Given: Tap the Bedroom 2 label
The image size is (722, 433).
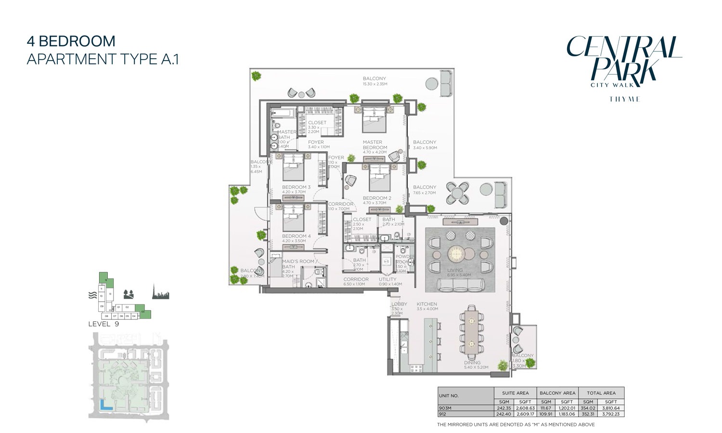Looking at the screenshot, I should point(377,198).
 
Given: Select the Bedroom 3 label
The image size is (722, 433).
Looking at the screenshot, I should point(296,187).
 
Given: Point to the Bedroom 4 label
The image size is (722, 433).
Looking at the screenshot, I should point(296,236).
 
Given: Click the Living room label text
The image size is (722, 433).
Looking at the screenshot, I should point(454,270).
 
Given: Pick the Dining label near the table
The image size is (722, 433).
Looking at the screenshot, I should point(472,363).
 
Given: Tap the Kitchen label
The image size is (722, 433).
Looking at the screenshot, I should point(426,304).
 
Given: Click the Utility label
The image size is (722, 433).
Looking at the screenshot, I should point(387,280).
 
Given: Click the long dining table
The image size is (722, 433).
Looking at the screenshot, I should point(470,331).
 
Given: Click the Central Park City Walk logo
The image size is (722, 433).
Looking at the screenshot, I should point(624,63).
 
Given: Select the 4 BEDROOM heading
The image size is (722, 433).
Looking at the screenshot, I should point(71,41).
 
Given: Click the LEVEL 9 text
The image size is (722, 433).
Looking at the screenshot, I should point(103,324).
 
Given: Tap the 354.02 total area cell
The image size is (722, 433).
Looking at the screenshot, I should point(588,408).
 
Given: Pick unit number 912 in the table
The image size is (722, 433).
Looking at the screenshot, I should point(442,414).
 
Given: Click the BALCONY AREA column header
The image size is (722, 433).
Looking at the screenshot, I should point(557,393).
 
